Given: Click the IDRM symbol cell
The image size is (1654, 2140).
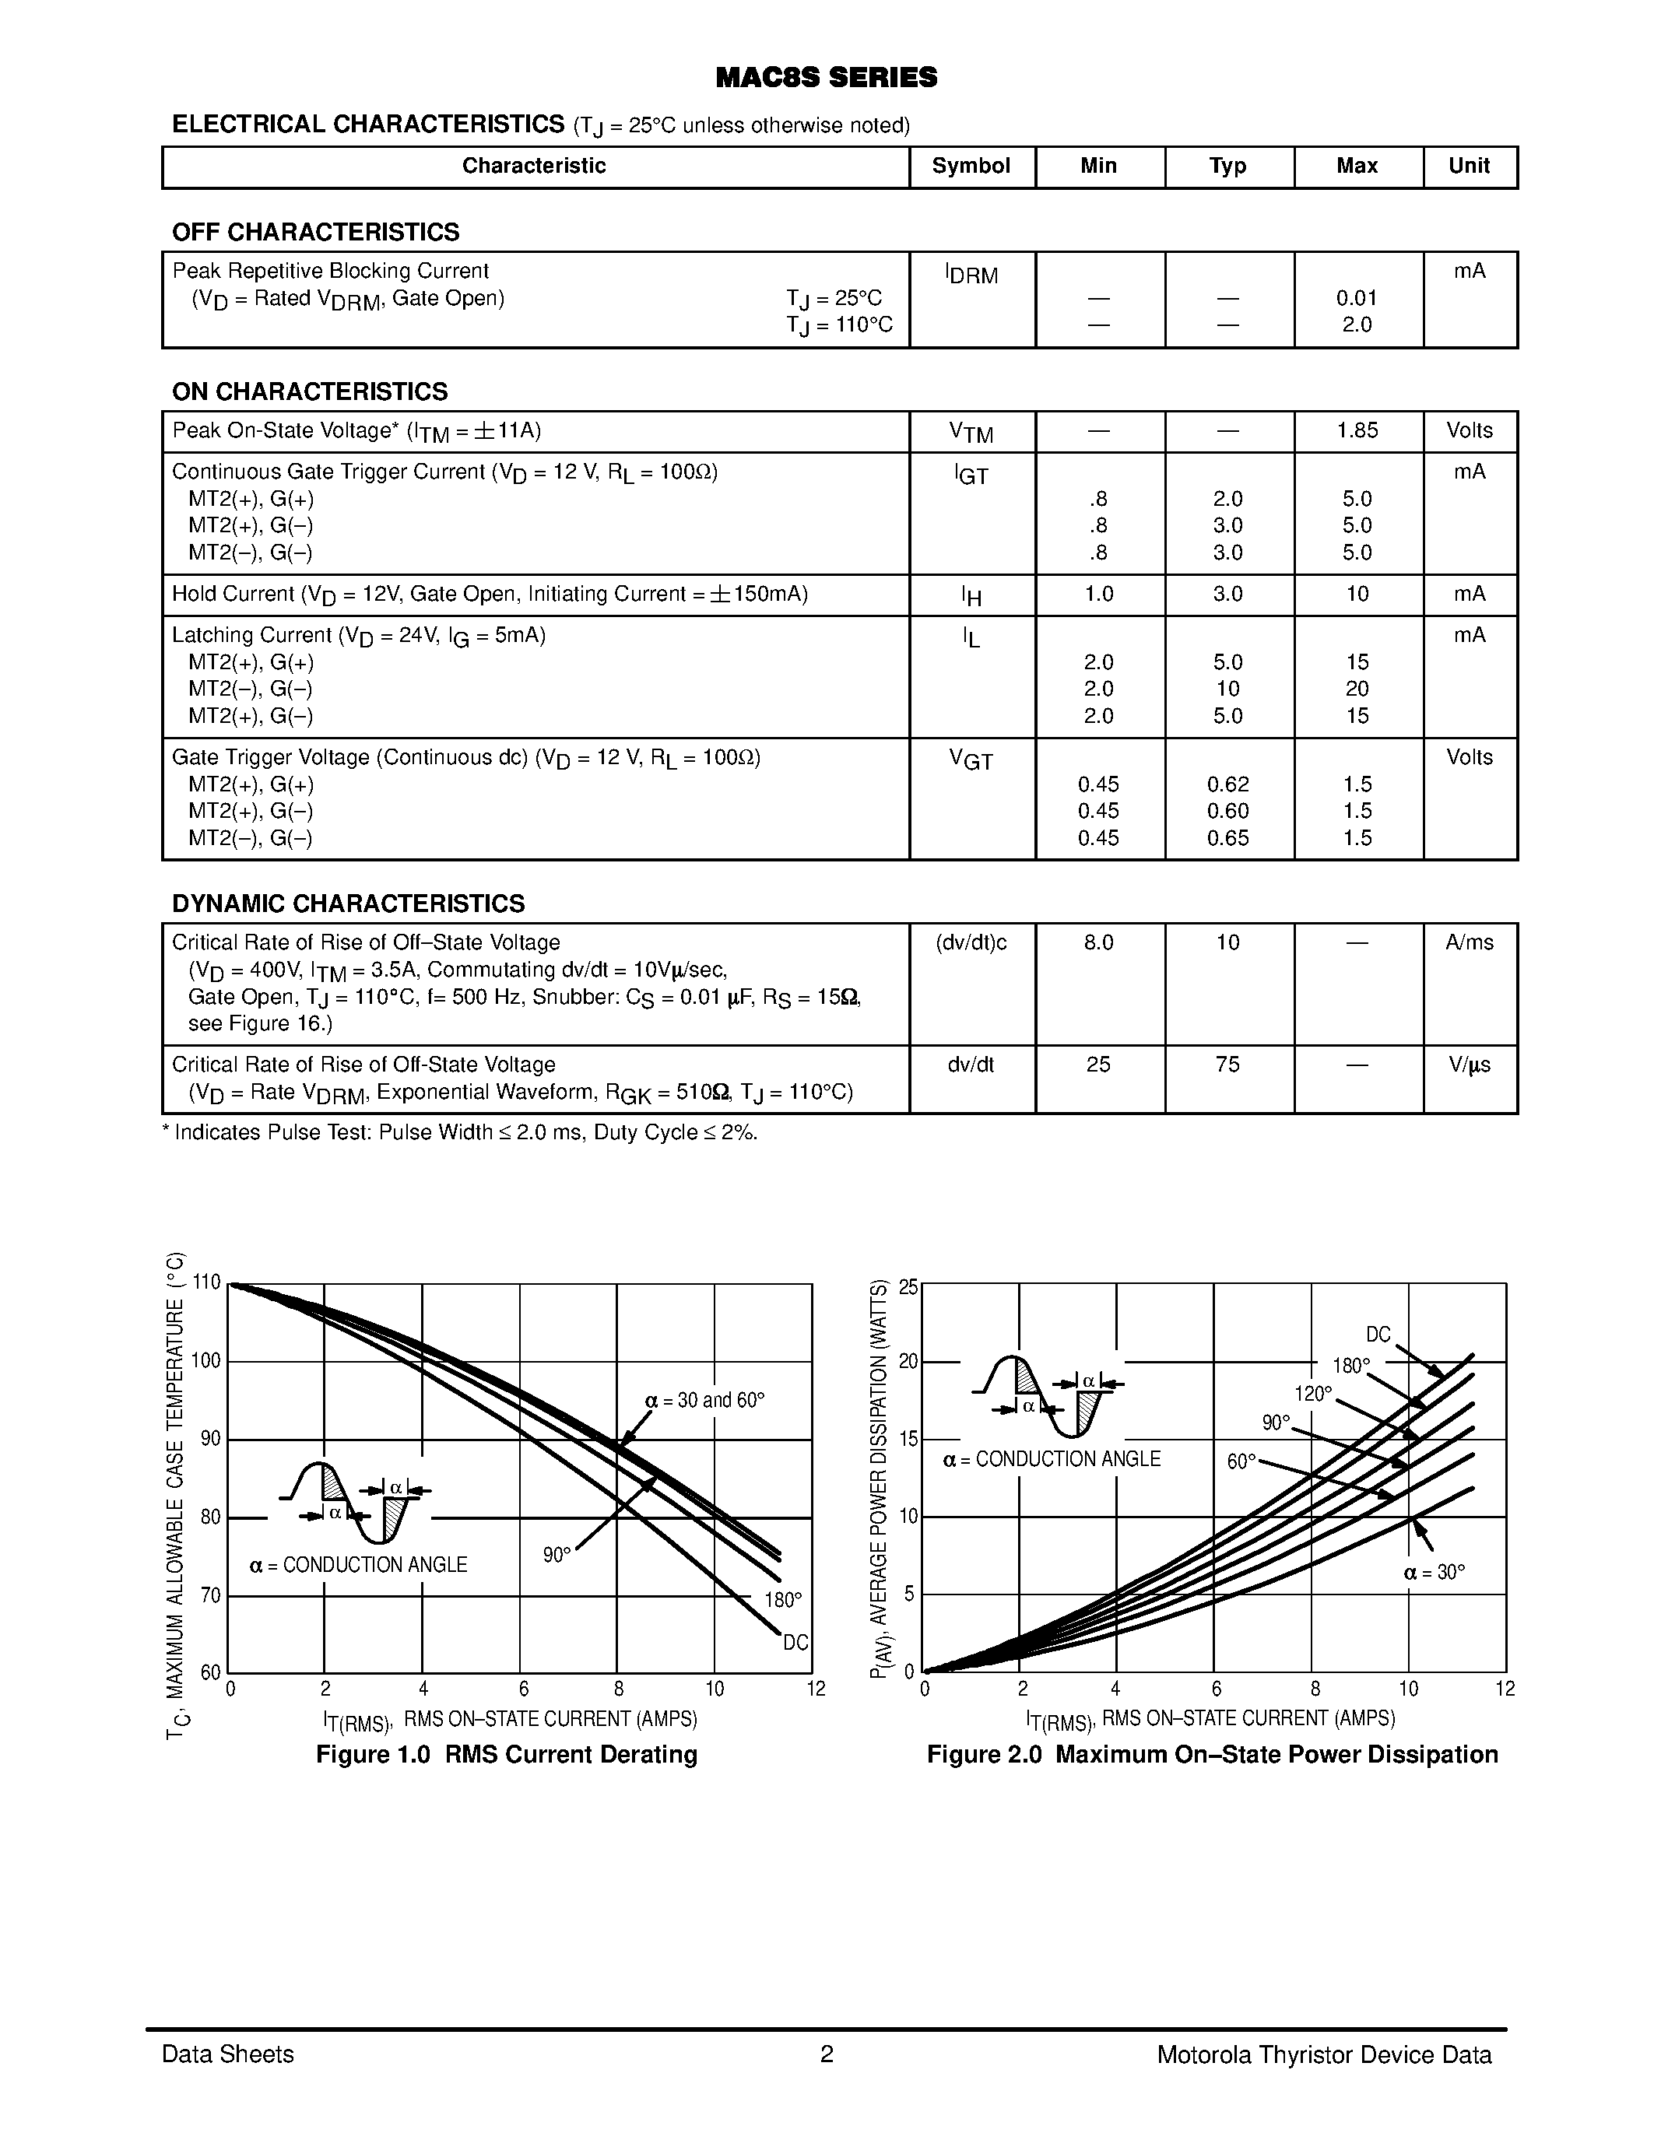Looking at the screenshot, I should (x=971, y=275).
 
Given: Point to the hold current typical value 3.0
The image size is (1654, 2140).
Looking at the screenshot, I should (x=1227, y=594).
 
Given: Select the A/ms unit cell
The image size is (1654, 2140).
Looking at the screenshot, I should (x=1469, y=942).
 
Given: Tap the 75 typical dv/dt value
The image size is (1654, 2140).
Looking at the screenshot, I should (x=1227, y=1065).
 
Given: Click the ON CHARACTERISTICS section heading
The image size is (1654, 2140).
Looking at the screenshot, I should (x=310, y=392).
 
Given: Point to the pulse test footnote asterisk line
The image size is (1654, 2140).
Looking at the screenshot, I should (x=461, y=1133).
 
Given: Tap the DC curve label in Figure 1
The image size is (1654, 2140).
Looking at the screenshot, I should (x=795, y=1642).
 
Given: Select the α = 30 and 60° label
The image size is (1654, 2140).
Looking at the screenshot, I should (x=704, y=1400).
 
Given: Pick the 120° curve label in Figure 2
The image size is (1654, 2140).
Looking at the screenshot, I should (x=1313, y=1394).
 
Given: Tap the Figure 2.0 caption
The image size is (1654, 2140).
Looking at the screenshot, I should (x=1212, y=1754).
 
